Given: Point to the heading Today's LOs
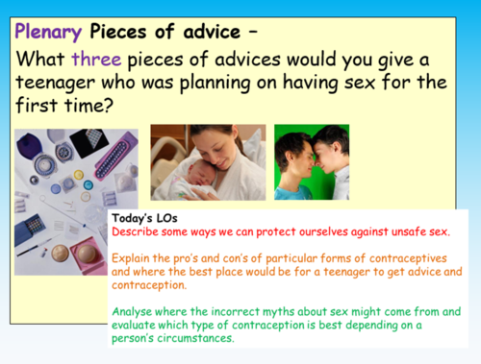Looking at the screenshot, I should tap(142, 218).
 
